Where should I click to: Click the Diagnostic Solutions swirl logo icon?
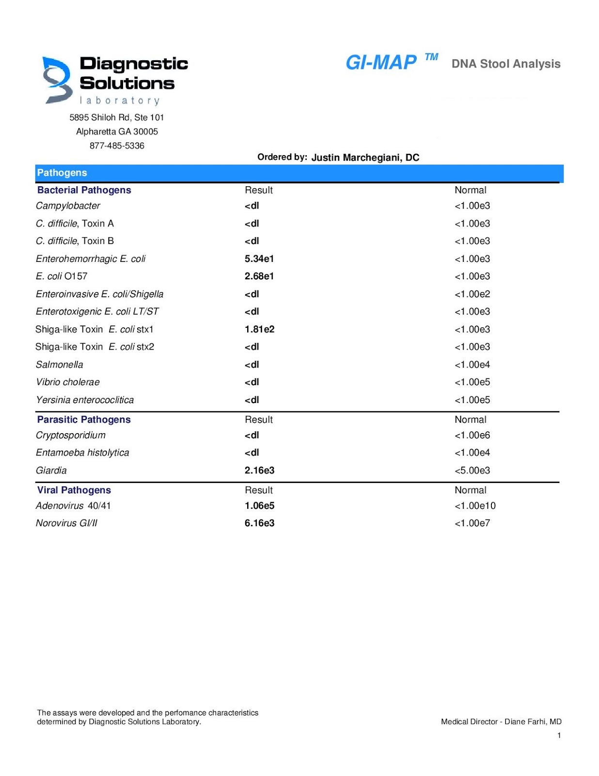(x=57, y=80)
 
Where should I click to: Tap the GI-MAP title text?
(x=381, y=63)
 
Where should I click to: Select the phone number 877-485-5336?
(x=117, y=145)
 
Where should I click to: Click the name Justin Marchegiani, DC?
(x=365, y=157)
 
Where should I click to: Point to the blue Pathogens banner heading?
(x=62, y=173)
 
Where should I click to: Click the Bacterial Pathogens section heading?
(x=84, y=190)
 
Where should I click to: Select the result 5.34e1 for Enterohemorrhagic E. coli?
(x=259, y=259)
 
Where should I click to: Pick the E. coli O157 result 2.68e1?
(x=259, y=276)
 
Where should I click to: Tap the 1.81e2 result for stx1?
(x=259, y=329)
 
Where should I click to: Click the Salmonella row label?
(x=60, y=364)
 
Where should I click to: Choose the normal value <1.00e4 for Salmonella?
(x=472, y=364)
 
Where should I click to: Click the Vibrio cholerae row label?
(x=68, y=382)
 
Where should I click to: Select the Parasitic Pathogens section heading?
(x=84, y=420)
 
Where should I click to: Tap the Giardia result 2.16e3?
(x=259, y=470)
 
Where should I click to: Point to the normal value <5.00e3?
(x=472, y=470)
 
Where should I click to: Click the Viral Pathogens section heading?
(x=74, y=490)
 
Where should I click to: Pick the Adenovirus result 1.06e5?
(x=259, y=505)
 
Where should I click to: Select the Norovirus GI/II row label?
(x=66, y=523)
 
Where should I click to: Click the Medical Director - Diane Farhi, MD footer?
(x=501, y=722)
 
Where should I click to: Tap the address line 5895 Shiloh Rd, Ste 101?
(x=117, y=117)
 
